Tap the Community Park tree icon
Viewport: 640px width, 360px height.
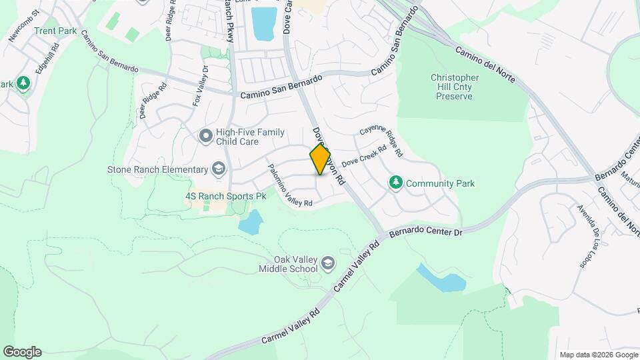[x=395, y=183]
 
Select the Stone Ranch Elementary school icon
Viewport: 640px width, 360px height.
[x=218, y=169]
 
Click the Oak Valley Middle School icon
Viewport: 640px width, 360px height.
[x=327, y=264]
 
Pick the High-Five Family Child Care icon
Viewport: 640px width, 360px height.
[x=205, y=136]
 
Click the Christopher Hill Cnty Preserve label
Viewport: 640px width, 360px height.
[x=451, y=87]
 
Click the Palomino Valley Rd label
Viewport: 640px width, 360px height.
[x=289, y=189]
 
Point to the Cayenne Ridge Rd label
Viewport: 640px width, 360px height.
[x=381, y=142]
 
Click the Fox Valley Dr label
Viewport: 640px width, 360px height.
[x=201, y=86]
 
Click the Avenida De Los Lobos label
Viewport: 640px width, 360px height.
[x=587, y=235]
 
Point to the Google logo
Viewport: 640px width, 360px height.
[x=22, y=351]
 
